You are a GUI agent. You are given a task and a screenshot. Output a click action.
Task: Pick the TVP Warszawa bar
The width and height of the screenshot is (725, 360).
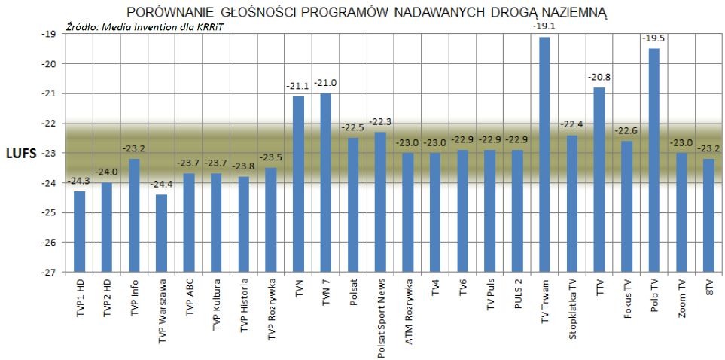[162, 233]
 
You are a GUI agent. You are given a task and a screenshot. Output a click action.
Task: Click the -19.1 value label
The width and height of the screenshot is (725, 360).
[544, 26]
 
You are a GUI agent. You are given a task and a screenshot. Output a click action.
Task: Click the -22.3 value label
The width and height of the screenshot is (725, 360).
[380, 122]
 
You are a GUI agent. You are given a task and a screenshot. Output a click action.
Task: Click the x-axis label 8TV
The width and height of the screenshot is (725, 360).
[708, 292]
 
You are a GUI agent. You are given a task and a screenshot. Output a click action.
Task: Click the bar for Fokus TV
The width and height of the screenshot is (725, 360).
[626, 207]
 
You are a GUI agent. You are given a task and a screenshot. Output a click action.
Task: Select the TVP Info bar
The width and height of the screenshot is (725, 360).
[134, 215]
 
